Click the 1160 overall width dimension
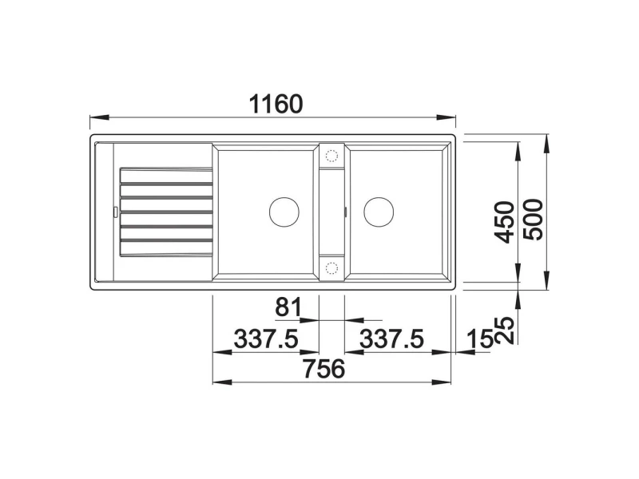(x=276, y=104)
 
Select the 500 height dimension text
(x=533, y=220)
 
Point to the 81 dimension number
(x=288, y=307)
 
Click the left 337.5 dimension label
(x=266, y=338)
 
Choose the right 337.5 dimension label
(x=391, y=338)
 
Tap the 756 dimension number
(x=324, y=369)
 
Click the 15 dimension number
(x=478, y=338)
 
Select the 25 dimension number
(x=504, y=330)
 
